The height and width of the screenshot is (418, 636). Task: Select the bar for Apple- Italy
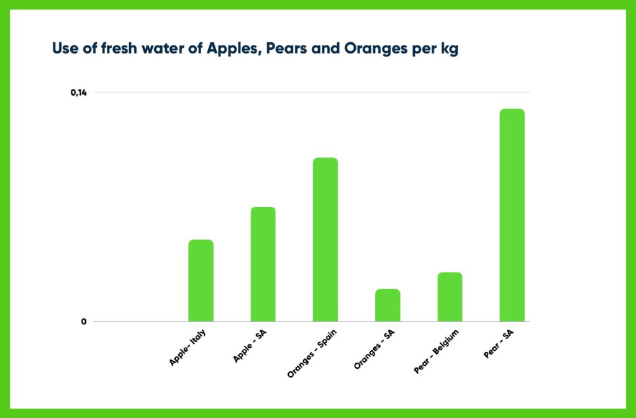click(201, 281)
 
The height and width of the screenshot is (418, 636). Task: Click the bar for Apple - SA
click(263, 264)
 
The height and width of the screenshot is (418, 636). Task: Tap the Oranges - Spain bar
click(325, 239)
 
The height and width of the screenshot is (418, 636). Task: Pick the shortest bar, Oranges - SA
click(388, 305)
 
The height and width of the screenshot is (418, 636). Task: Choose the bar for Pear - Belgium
click(450, 297)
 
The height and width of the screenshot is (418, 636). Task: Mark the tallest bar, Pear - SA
click(512, 215)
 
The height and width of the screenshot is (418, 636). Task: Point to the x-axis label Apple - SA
click(250, 346)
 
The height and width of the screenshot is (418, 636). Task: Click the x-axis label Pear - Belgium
click(435, 352)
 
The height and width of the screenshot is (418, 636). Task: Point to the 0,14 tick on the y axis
click(78, 93)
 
